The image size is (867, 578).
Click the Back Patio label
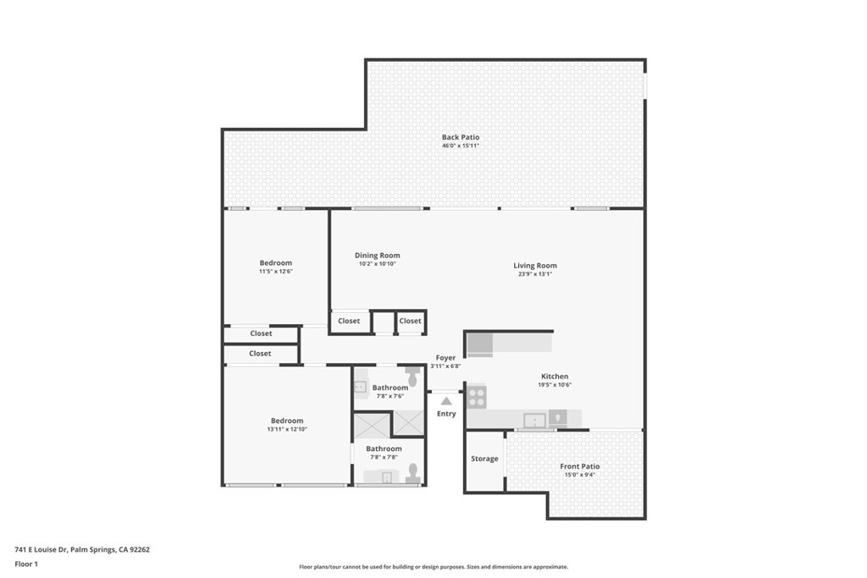click(461, 137)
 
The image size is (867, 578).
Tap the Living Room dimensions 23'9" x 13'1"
click(535, 274)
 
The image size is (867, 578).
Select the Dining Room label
click(377, 256)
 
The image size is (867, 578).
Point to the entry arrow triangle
click(446, 400)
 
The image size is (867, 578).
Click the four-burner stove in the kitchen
click(477, 397)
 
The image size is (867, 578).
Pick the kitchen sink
click(535, 421)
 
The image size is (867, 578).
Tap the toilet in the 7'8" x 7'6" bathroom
click(412, 377)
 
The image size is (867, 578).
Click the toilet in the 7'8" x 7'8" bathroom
click(412, 472)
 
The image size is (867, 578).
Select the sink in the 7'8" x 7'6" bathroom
click(361, 387)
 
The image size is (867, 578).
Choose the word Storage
click(484, 459)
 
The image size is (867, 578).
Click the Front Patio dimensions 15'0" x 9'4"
click(579, 475)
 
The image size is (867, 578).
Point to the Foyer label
click(445, 357)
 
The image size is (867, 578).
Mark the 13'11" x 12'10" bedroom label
click(287, 421)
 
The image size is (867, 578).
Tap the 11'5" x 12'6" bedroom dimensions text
click(275, 272)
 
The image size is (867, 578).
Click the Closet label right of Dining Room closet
click(411, 321)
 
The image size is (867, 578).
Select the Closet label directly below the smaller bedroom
click(261, 333)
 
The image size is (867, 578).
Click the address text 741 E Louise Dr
click(41, 549)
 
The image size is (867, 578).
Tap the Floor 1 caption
click(26, 564)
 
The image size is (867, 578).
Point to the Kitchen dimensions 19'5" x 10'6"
click(555, 385)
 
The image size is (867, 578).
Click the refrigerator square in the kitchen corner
click(480, 345)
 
